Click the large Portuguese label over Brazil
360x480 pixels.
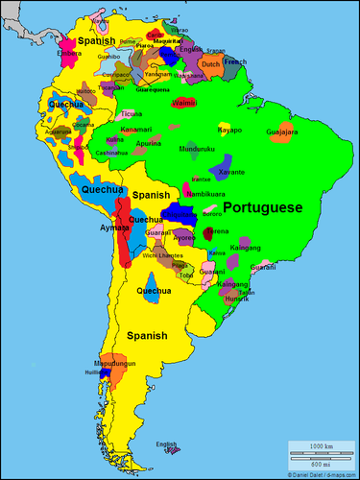click(262, 206)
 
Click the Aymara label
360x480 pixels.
click(113, 228)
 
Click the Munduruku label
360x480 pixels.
click(197, 150)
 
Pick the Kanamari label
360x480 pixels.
click(136, 129)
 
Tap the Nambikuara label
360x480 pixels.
click(205, 193)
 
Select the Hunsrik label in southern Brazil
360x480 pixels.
click(236, 299)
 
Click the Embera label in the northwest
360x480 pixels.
click(69, 54)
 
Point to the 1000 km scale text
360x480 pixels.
click(321, 448)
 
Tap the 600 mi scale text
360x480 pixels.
click(321, 466)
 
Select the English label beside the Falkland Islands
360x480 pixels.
click(167, 444)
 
